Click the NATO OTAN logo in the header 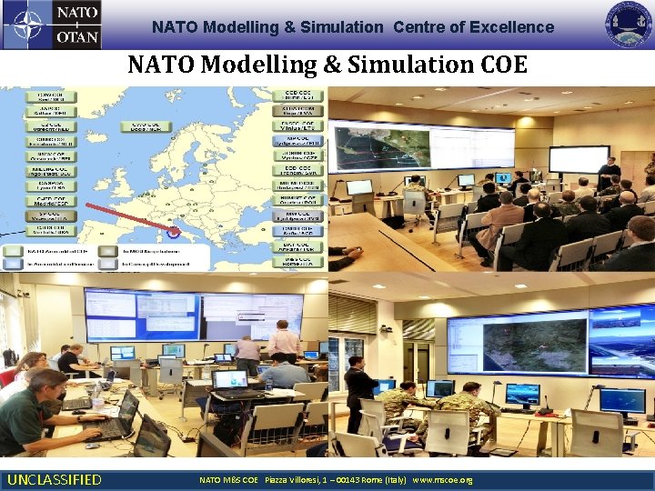tap(51, 25)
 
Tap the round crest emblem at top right tap(630, 25)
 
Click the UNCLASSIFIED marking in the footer tap(55, 479)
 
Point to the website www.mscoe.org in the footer tap(442, 479)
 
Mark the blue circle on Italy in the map tap(174, 230)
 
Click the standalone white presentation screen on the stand tap(579, 159)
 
